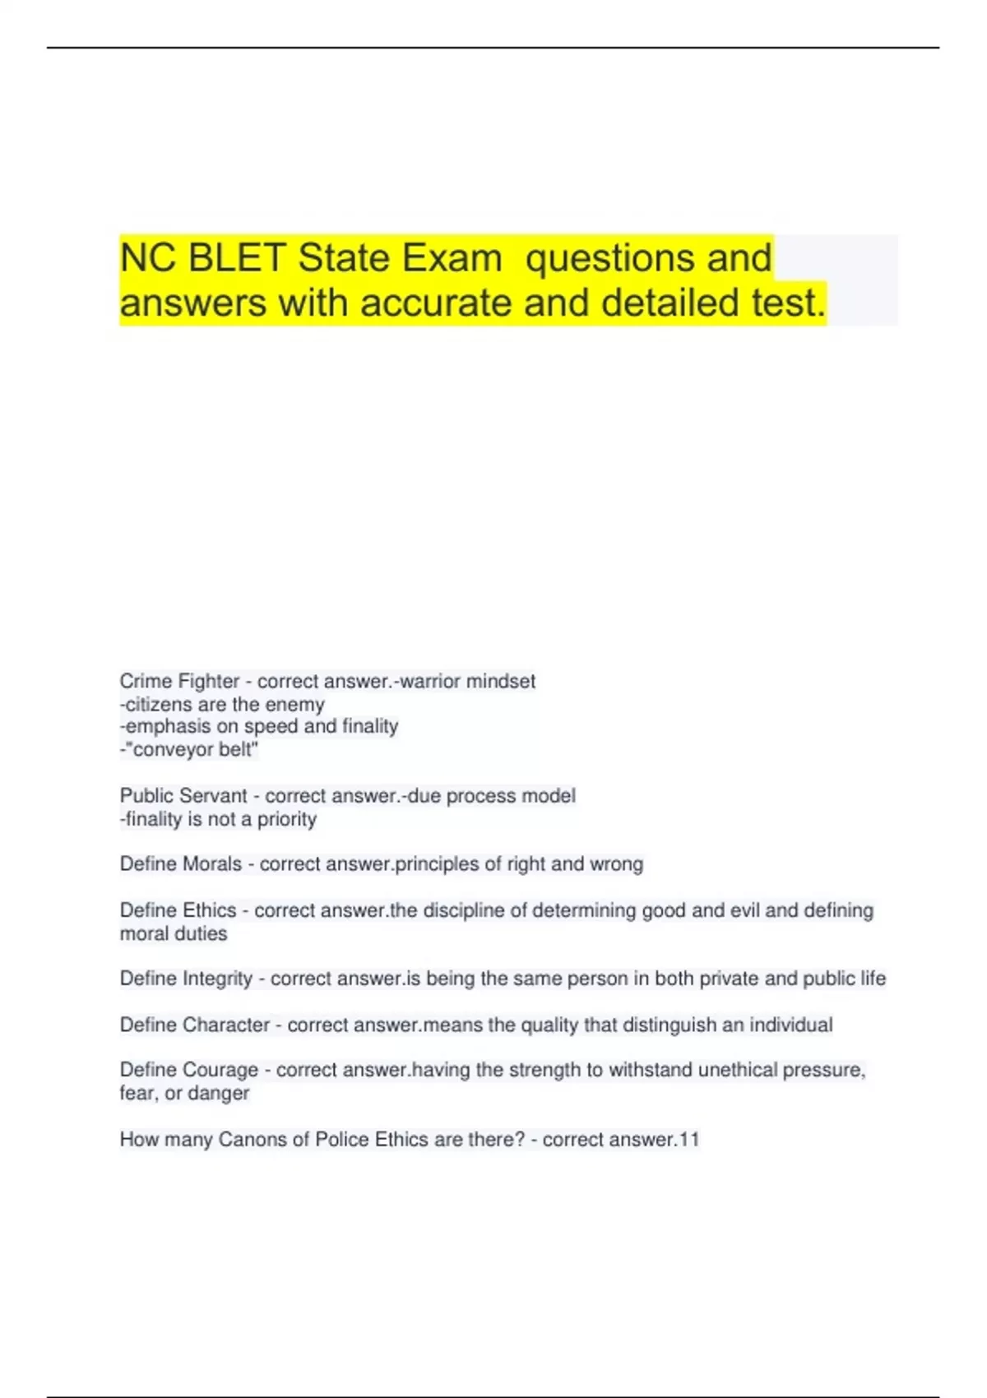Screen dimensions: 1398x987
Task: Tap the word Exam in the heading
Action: click(x=452, y=258)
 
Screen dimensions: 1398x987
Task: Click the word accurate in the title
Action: click(x=436, y=303)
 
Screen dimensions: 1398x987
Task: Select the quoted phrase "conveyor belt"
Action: click(x=192, y=750)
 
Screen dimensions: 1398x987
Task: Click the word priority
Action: click(x=287, y=819)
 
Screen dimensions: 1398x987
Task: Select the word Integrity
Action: click(x=217, y=979)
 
